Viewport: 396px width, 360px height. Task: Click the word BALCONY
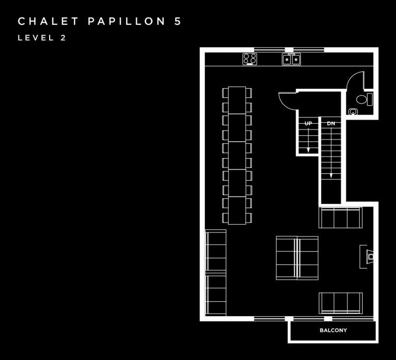coord(333,330)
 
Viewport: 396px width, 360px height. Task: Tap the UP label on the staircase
coord(308,123)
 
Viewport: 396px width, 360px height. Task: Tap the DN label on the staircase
coord(331,123)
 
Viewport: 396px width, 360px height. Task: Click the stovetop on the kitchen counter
coord(250,59)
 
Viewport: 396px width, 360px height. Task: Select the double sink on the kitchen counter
coord(291,59)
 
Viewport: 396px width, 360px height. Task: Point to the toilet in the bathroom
coord(364,99)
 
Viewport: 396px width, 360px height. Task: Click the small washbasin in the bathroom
coord(353,111)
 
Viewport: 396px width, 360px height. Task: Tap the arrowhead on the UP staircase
coord(308,150)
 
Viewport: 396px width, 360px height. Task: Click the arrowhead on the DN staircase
coord(331,176)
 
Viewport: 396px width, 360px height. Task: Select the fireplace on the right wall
coord(367,256)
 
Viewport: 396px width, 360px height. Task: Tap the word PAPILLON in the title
coord(127,21)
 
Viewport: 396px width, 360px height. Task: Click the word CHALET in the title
coord(48,21)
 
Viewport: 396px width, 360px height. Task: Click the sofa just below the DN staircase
coord(341,218)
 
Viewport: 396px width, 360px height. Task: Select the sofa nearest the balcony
coord(341,303)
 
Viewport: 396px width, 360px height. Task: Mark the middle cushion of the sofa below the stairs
coord(341,218)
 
